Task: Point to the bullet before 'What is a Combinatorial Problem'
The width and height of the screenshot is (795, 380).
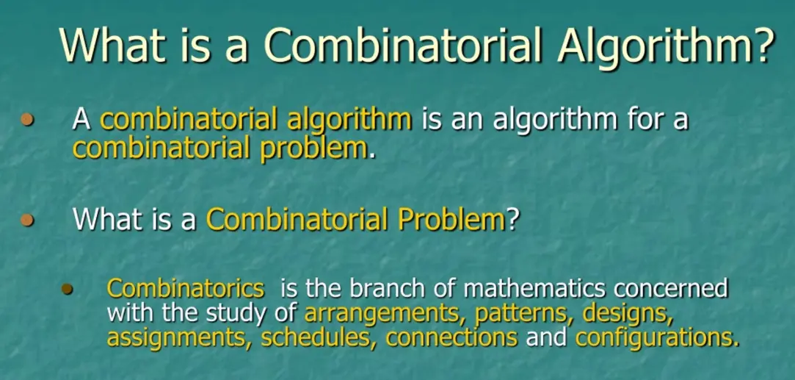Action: (29, 218)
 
